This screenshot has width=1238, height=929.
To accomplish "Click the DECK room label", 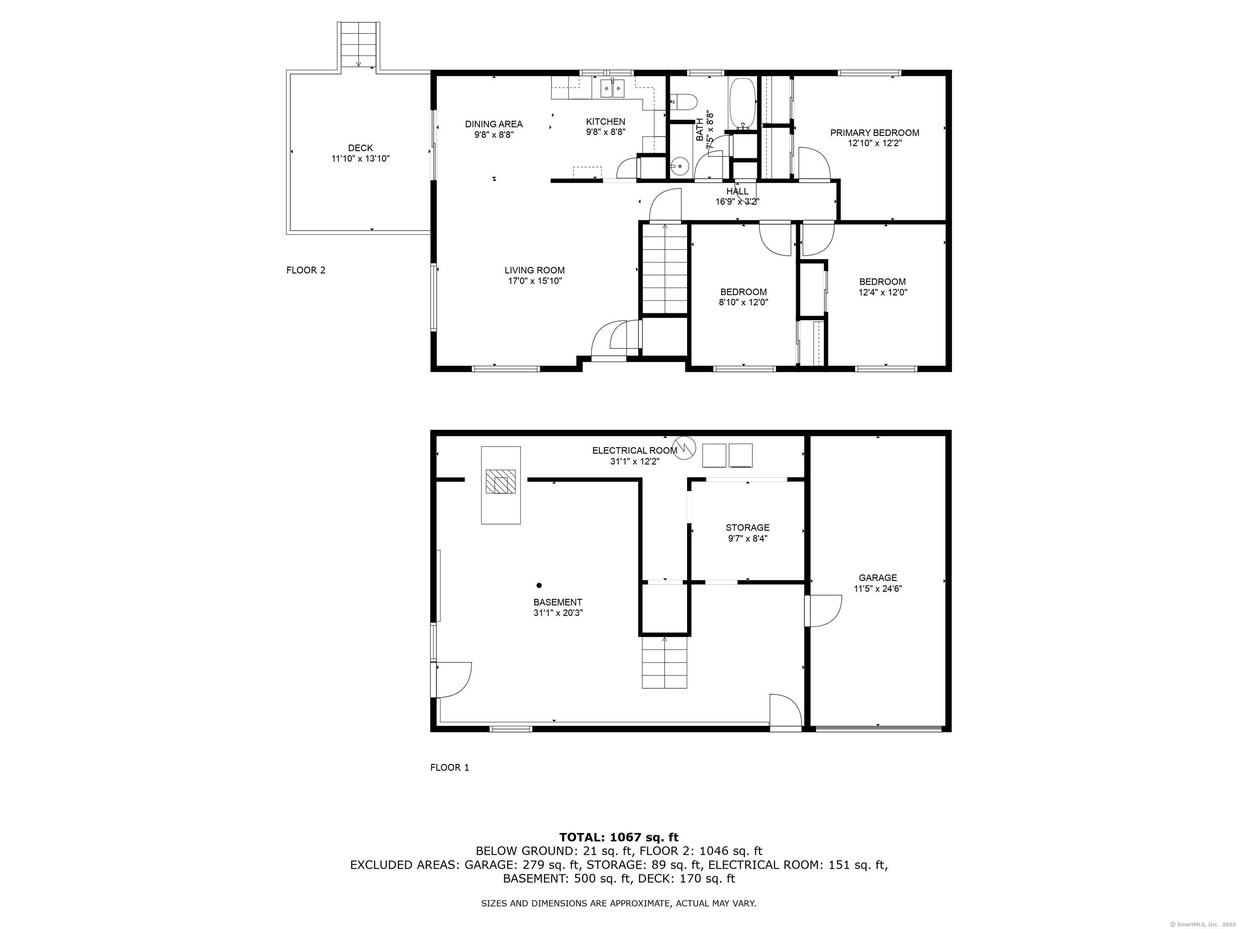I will pyautogui.click(x=360, y=148).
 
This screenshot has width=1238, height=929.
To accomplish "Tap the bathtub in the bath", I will pyautogui.click(x=742, y=103).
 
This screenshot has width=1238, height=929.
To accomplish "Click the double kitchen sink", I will pyautogui.click(x=612, y=88).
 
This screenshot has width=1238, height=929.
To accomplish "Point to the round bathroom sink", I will pyautogui.click(x=680, y=165).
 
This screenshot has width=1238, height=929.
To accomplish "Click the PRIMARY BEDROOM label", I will pyautogui.click(x=874, y=133).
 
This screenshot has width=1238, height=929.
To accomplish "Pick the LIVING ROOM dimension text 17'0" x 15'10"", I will pyautogui.click(x=534, y=281).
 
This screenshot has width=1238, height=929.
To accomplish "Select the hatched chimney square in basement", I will pyautogui.click(x=501, y=481).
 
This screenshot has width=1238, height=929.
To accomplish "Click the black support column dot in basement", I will pyautogui.click(x=539, y=585).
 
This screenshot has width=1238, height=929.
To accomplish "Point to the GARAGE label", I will pyautogui.click(x=878, y=578).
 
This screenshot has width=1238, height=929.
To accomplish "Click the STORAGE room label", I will pyautogui.click(x=747, y=527).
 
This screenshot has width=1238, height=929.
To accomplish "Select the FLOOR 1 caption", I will pyautogui.click(x=449, y=767).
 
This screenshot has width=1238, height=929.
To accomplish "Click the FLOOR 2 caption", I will pyautogui.click(x=305, y=270).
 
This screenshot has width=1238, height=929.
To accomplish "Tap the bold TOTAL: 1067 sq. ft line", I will pyautogui.click(x=619, y=837).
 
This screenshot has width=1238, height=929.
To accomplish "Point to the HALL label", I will pyautogui.click(x=737, y=192).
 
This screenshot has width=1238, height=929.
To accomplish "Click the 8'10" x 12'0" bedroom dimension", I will pyautogui.click(x=743, y=302).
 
